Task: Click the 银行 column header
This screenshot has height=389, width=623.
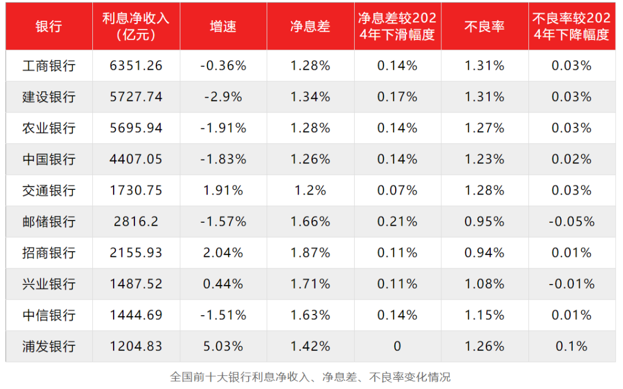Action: [x=48, y=27]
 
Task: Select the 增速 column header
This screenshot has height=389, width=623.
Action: [x=223, y=27]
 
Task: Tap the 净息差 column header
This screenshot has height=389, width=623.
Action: [x=310, y=27]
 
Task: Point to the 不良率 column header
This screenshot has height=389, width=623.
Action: [x=485, y=27]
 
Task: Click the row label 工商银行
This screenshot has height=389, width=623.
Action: [x=48, y=66]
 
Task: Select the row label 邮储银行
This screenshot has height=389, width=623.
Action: [x=48, y=222]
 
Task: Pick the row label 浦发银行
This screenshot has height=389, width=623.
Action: [x=48, y=346]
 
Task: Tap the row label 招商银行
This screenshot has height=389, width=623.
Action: [x=48, y=253]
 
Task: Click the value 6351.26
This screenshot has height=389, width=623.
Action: [x=136, y=66]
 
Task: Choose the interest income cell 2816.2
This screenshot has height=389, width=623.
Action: [x=136, y=222]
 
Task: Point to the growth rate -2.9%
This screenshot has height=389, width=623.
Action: [x=223, y=97]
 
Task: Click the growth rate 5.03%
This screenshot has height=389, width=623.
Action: [x=223, y=346]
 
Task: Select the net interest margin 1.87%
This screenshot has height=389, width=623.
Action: [x=310, y=253]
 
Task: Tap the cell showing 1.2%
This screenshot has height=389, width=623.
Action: [x=310, y=190]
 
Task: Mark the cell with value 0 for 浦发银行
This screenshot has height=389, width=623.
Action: [x=397, y=346]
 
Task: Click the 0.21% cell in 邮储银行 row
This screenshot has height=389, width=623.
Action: [x=397, y=222]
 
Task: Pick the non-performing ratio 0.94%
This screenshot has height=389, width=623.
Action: [x=485, y=253]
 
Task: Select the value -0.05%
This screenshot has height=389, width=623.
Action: [x=571, y=222]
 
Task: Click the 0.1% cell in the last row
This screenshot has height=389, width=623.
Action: [x=571, y=346]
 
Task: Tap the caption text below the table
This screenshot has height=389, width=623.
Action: [x=310, y=377]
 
